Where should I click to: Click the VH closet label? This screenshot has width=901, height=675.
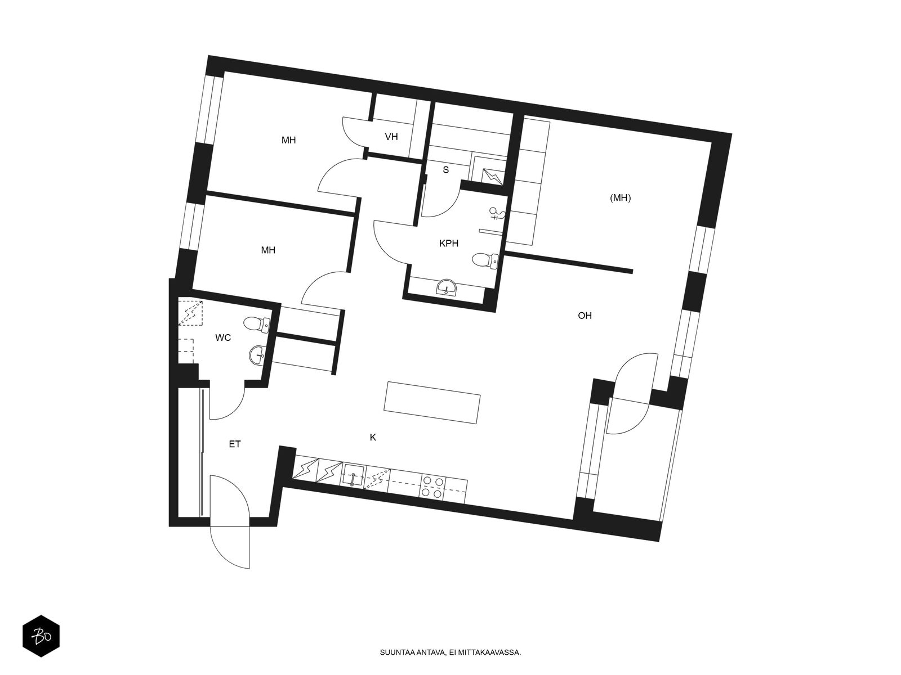coord(391,137)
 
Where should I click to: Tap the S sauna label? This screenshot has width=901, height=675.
coord(445,170)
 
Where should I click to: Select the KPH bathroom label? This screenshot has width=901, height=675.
coord(449,244)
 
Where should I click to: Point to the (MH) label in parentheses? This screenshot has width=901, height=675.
coord(621,198)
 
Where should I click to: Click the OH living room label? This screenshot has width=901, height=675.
coord(585,316)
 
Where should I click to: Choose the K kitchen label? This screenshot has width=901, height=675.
coord(373,437)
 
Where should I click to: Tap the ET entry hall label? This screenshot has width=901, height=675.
coord(235,444)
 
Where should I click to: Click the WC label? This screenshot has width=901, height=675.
coord(224,338)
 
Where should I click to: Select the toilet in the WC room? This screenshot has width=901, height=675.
coord(256,323)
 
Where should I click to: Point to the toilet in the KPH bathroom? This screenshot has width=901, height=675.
coord(485,259)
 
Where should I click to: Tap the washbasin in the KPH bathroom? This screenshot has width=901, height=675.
coord(448,287)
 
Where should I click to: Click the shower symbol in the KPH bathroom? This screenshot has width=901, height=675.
coord(498,213)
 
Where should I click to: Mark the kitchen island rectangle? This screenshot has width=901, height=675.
coord(432,403)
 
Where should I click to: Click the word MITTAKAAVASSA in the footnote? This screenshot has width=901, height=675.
coord(494,653)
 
